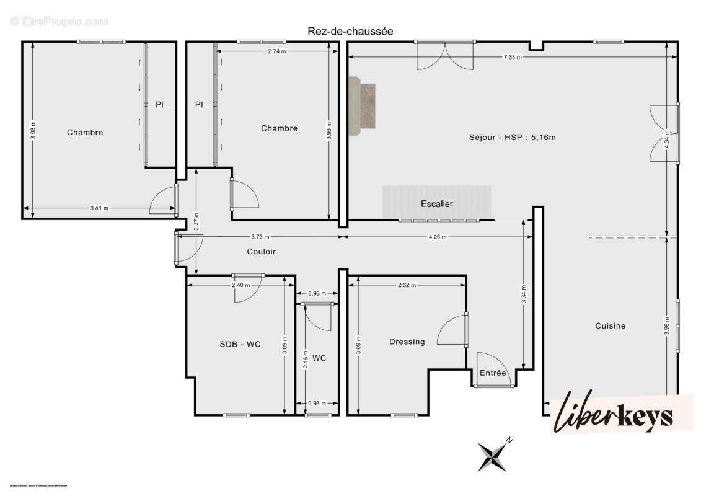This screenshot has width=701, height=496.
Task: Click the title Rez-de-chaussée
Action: click(350, 31)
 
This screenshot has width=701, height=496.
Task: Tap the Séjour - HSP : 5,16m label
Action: click(512, 137)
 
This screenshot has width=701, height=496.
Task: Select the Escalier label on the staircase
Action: click(437, 203)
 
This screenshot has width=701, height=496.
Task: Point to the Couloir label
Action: click(261, 252)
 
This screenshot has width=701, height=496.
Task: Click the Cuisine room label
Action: click(611, 325)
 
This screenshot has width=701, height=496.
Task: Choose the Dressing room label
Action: click(407, 342)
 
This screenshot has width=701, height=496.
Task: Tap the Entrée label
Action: click(493, 373)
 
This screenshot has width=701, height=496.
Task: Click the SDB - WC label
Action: click(240, 344)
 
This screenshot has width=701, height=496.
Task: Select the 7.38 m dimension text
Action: click(512, 57)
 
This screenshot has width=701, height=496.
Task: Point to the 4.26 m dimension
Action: click(437, 237)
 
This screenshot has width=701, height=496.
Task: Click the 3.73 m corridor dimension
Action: click(260, 237)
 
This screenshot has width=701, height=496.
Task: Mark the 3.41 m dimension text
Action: click(99, 208)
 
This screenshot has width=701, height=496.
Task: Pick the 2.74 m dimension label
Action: click(277, 51)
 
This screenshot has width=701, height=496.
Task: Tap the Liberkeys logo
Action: click(621, 414)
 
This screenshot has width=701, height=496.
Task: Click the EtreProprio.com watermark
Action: click(60, 21)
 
